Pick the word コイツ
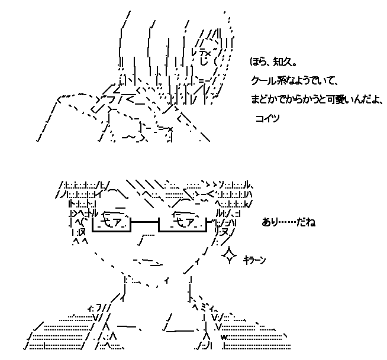pos(266,118)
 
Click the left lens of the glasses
pos(110,223)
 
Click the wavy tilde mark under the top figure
pos(128,138)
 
